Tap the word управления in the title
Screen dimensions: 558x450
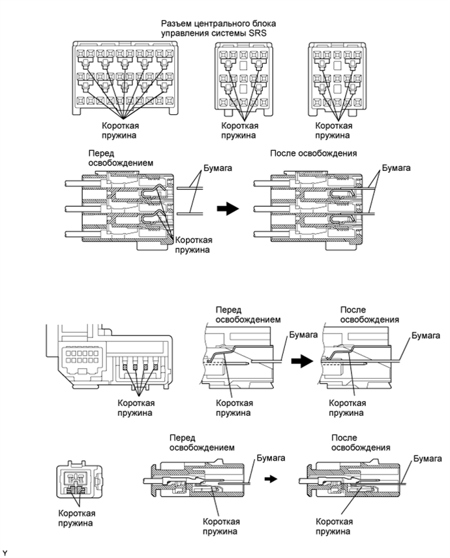(x=184, y=33)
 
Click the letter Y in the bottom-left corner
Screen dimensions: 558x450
(x=5, y=553)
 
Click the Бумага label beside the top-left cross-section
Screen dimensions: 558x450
(x=209, y=168)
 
